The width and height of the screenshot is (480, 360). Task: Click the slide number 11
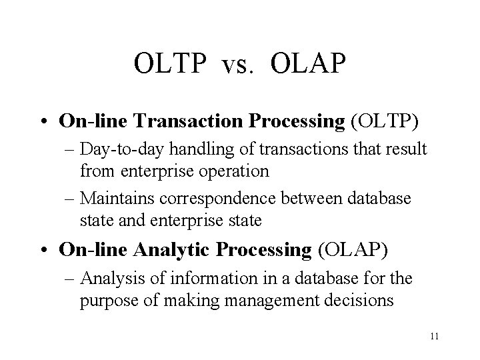[x=434, y=336]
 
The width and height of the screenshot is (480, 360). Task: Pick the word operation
[x=234, y=171]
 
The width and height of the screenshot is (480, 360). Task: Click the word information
[x=207, y=278]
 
